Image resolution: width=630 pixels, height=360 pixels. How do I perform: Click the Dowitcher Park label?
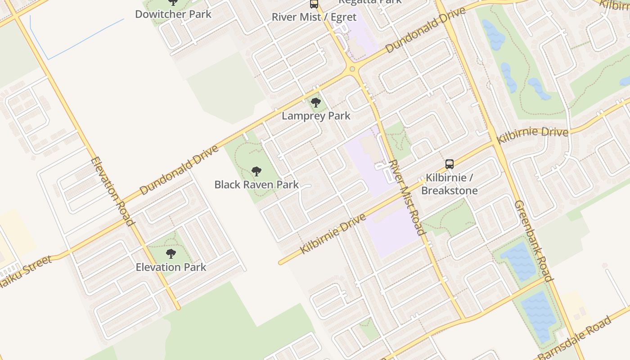click(x=173, y=14)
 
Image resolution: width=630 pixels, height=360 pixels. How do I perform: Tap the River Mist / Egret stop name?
click(x=314, y=17)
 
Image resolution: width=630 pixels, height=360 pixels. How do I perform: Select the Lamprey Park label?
click(x=316, y=116)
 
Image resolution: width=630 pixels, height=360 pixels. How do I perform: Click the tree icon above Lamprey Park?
click(x=316, y=103)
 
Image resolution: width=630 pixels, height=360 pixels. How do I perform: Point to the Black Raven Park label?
click(x=256, y=184)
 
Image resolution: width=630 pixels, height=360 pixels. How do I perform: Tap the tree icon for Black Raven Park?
click(x=256, y=171)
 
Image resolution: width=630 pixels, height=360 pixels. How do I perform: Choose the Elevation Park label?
click(x=171, y=267)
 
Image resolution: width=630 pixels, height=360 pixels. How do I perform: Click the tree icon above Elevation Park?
click(x=171, y=254)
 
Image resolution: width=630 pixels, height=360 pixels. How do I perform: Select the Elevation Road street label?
click(x=112, y=191)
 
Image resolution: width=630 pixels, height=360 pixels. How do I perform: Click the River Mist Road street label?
click(x=406, y=197)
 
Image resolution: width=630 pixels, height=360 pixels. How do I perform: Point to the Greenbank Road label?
click(x=534, y=240)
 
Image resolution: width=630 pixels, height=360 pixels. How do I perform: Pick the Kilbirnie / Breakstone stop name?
click(x=449, y=184)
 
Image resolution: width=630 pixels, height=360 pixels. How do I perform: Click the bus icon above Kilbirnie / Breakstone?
click(x=449, y=164)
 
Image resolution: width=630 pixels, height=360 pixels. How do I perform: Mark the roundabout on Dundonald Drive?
click(x=352, y=69)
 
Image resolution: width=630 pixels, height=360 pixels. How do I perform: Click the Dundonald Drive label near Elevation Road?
click(x=179, y=170)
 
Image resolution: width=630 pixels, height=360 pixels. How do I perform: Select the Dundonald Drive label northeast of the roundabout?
click(x=425, y=30)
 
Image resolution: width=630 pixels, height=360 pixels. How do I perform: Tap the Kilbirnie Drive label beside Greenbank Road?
click(x=532, y=134)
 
